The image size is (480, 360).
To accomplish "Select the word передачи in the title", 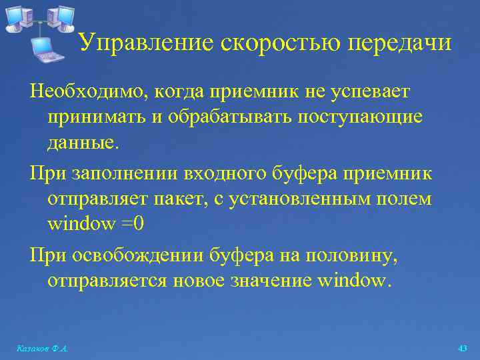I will pyautogui.click(x=401, y=43).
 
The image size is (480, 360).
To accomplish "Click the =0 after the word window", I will pyautogui.click(x=132, y=224).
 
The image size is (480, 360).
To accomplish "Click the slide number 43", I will pyautogui.click(x=462, y=349).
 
